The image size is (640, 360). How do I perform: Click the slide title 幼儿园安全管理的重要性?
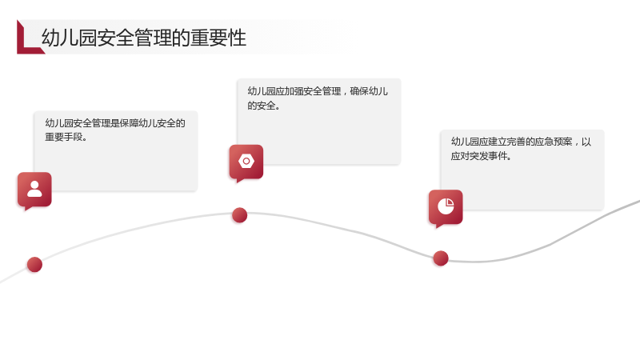144,38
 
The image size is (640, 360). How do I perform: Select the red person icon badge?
34,190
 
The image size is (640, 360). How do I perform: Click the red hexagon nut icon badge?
246,163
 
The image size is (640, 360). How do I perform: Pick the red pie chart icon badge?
446,208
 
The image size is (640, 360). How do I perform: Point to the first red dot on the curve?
34,265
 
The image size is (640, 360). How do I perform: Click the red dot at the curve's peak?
239,215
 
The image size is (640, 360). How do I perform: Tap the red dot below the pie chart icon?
441,258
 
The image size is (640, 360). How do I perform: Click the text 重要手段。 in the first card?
66,137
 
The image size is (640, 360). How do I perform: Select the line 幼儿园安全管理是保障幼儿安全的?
115,123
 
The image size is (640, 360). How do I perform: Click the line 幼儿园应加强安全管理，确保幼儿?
318,91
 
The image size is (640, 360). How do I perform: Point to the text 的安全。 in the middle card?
264,106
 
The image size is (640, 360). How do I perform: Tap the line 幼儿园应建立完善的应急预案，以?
521,142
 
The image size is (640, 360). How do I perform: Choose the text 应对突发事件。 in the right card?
482,156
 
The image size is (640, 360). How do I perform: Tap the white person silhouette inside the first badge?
34,189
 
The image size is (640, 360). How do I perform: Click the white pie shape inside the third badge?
446,206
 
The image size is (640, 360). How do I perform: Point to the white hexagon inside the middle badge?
246,162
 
